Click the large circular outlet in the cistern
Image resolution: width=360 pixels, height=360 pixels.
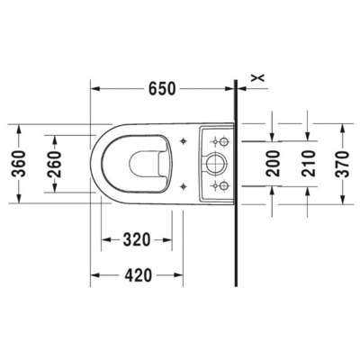214,163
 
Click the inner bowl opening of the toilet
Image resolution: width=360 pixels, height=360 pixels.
145,163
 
